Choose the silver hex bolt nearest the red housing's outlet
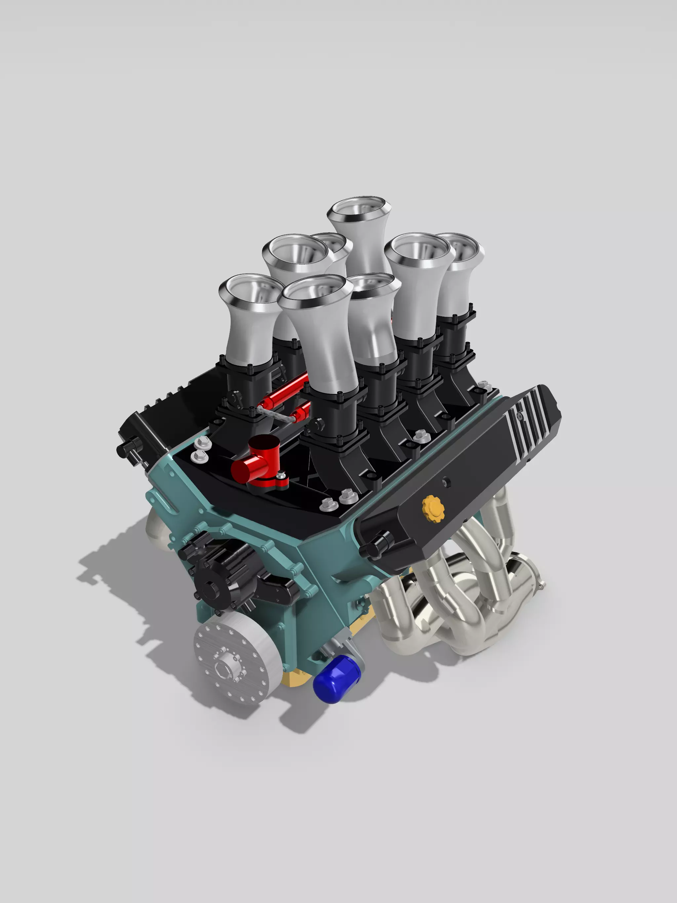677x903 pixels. [x=200, y=455]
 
